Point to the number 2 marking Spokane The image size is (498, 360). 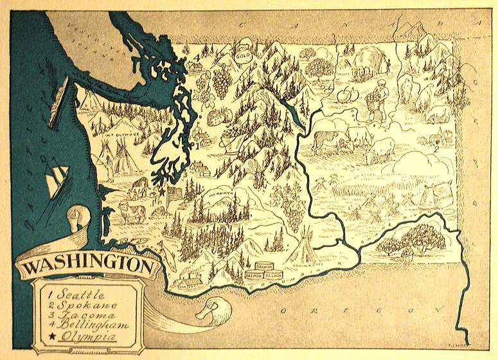436,148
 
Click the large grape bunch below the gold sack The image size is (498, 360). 222,80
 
